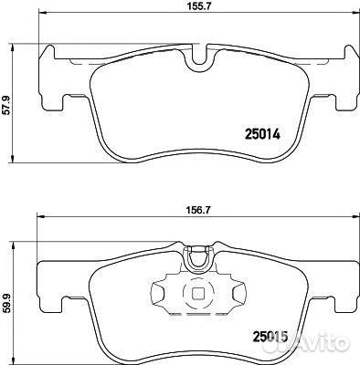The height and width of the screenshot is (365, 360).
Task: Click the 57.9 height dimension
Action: pyautogui.click(x=6, y=105)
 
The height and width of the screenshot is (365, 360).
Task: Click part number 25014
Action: pyautogui.click(x=262, y=134)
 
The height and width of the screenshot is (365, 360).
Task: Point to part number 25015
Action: pyautogui.click(x=270, y=336)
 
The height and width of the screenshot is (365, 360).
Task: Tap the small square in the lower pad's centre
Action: pyautogui.click(x=198, y=293)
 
